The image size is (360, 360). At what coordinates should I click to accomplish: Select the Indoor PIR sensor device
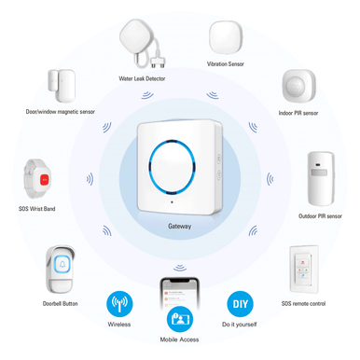pyautogui.click(x=299, y=86)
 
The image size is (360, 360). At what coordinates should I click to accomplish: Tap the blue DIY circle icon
pyautogui.click(x=240, y=304)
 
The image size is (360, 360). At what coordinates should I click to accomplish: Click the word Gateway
pyautogui.click(x=180, y=226)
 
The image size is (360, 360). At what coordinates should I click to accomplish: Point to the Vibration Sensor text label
pyautogui.click(x=226, y=64)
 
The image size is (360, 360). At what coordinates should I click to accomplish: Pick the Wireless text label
pyautogui.click(x=119, y=325)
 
